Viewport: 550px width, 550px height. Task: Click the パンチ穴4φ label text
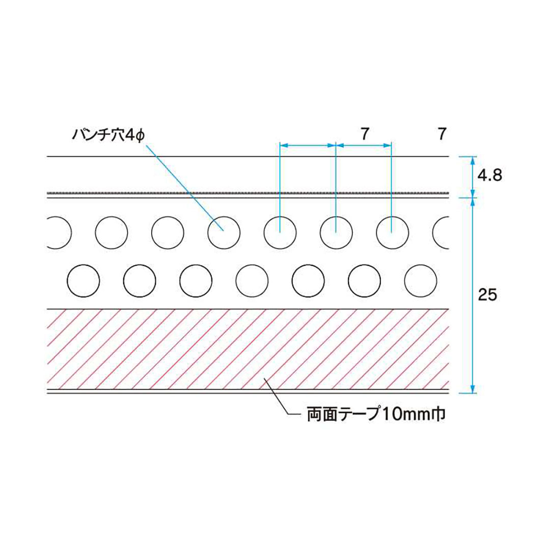click(x=108, y=135)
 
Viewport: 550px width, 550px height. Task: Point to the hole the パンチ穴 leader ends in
click(x=224, y=233)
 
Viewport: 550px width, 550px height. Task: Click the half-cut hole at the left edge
click(x=57, y=233)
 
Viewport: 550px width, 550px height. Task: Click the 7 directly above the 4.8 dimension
click(x=442, y=135)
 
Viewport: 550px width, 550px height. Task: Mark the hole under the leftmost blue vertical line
click(x=280, y=233)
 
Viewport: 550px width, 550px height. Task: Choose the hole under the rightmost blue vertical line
click(x=392, y=233)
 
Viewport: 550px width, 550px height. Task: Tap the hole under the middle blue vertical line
click(x=336, y=233)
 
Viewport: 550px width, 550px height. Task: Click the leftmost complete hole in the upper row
click(x=111, y=233)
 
